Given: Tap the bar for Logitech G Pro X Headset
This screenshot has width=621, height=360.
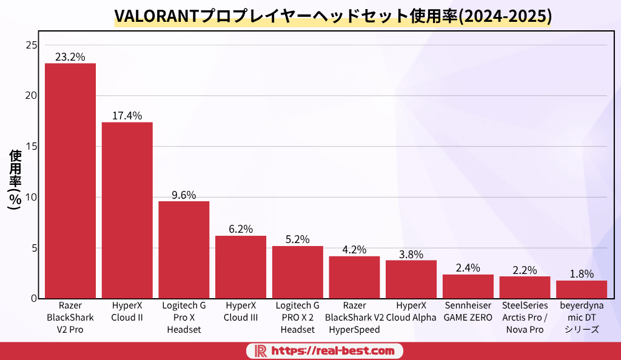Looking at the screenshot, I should (x=184, y=250).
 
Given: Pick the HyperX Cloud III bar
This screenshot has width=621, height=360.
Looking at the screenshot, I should (x=241, y=267).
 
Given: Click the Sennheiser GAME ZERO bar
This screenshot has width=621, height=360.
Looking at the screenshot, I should (x=468, y=286).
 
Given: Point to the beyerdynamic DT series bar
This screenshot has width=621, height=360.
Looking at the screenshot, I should (x=581, y=289).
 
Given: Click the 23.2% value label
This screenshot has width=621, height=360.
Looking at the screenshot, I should (x=70, y=57).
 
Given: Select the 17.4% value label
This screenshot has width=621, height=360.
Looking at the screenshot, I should (x=127, y=116).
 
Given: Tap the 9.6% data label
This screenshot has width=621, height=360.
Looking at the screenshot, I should (x=184, y=195).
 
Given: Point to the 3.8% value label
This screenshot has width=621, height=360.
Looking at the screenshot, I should (x=411, y=254).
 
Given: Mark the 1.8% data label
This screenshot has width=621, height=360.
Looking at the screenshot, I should (x=582, y=274).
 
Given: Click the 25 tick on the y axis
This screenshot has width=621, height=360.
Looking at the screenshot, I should (x=32, y=45).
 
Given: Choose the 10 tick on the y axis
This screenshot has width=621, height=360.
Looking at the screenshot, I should (x=32, y=197).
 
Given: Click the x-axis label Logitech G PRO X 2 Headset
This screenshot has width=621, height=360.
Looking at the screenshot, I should (x=297, y=318).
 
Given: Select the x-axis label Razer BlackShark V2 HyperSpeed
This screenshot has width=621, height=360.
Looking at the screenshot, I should (x=354, y=318).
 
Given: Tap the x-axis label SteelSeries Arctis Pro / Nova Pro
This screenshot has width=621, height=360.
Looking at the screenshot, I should (x=525, y=318).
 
